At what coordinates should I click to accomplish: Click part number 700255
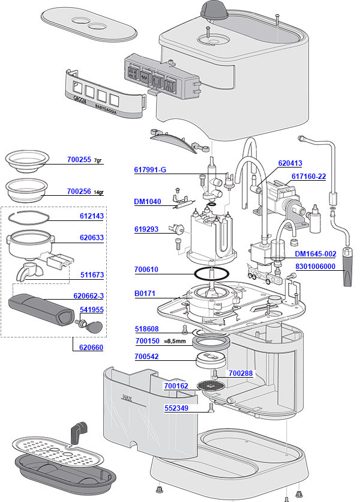pyautogui.click(x=79, y=160)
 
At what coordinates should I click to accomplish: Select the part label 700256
pyautogui.click(x=79, y=192)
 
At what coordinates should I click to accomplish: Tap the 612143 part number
pyautogui.click(x=92, y=216)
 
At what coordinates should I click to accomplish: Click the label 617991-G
pyautogui.click(x=149, y=170)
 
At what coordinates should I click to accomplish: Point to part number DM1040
pyautogui.click(x=147, y=202)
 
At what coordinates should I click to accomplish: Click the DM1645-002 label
pyautogui.click(x=315, y=254)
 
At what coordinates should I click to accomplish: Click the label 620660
pyautogui.click(x=92, y=346)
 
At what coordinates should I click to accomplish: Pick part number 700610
pyautogui.click(x=146, y=270)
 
